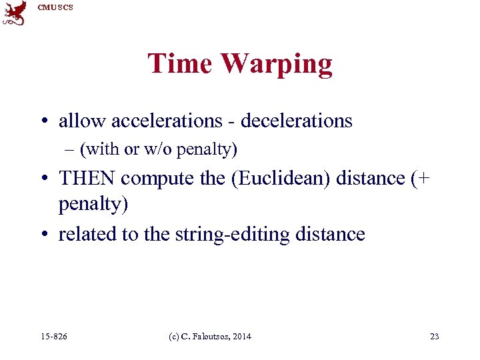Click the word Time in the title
[180, 64]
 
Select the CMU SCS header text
[55, 7]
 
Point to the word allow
[82, 121]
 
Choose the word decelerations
[296, 121]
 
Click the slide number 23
[434, 337]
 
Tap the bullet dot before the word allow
[43, 121]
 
